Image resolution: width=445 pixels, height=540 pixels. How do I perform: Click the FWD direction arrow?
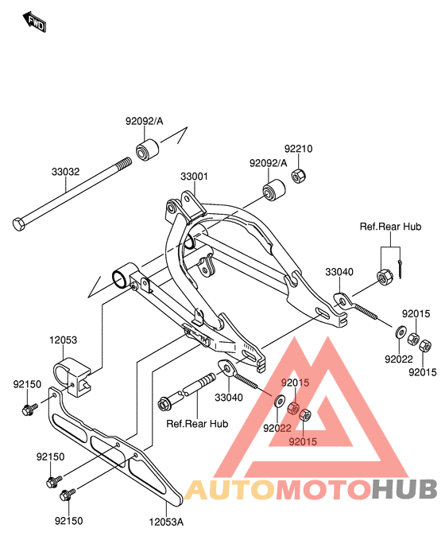34,22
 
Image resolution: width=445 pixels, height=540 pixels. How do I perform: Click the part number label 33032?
65,172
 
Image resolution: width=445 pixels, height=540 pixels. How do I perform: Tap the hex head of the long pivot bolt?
18,224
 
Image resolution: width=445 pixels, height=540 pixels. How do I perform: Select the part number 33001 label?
194,177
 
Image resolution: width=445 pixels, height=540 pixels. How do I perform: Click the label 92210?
298,149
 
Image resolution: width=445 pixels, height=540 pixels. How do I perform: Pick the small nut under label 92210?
299,176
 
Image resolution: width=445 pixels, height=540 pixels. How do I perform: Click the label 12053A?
166,522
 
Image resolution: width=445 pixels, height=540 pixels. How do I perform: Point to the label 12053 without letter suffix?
63,340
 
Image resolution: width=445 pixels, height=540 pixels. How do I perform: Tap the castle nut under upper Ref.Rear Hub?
382,277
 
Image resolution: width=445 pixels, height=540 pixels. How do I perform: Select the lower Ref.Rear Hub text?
197,423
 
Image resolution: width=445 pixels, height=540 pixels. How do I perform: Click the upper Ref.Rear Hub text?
390,227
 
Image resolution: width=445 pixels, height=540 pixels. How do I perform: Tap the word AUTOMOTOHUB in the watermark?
311,489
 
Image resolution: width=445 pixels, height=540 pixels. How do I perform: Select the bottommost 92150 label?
69,521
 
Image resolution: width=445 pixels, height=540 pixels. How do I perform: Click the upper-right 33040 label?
339,272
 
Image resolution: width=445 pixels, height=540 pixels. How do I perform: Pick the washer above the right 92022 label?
400,332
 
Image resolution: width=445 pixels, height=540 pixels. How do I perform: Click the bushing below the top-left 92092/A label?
147,150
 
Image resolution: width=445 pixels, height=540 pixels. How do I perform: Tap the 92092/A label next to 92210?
268,163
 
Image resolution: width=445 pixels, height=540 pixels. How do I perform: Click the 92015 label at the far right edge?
423,372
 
